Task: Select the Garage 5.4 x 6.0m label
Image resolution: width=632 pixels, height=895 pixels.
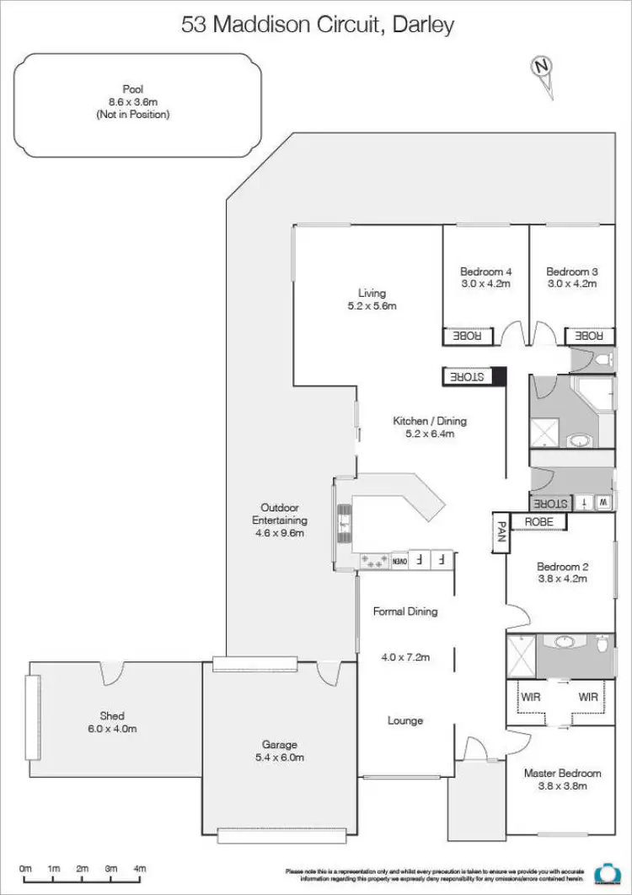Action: pos(279,751)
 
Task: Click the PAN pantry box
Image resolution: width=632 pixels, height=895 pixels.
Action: pos(499,531)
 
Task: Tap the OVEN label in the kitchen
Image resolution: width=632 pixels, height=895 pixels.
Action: pos(400,559)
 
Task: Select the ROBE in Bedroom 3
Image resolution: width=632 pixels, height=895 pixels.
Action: pos(589,336)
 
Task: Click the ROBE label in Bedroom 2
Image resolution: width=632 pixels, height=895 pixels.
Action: pos(539,522)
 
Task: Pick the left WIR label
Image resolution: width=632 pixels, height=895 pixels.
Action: pos(529,698)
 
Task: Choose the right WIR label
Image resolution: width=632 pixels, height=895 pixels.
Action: pos(589,698)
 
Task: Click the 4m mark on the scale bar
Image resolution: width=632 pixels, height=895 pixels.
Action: pos(140,868)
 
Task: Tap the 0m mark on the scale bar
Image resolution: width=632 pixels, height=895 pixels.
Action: pos(25,868)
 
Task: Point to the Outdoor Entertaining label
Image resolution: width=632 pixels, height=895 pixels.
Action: pos(280,520)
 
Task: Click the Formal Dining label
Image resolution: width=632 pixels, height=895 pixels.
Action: pos(405,612)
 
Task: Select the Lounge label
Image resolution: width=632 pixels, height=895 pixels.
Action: pos(405,720)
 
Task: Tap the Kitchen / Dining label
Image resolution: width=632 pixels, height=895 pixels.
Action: pos(429,427)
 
